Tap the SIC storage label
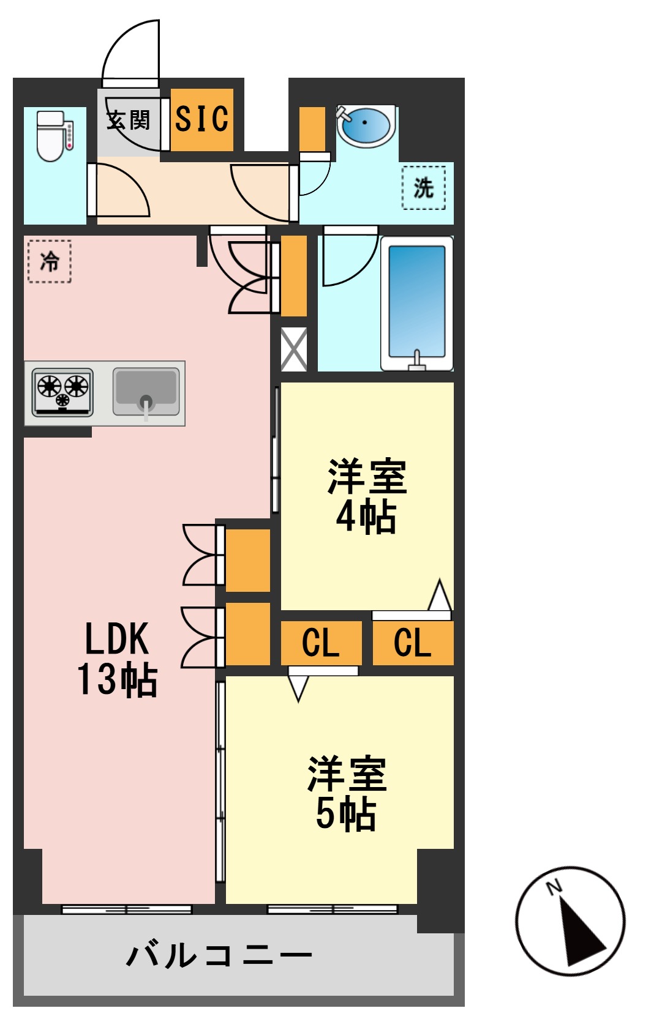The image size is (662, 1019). [x=201, y=119]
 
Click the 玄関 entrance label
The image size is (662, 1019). [x=129, y=120]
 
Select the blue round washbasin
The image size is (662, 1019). [x=365, y=125]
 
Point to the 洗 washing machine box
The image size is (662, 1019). [x=423, y=187]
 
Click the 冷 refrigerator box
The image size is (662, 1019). [x=50, y=261]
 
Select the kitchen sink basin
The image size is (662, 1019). [x=146, y=390]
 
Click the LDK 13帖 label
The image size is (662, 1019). [x=117, y=659]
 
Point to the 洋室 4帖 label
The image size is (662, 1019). [x=366, y=496]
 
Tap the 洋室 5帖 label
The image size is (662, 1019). [x=347, y=794]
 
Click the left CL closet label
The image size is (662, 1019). [x=320, y=643]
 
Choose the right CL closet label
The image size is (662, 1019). [x=412, y=643]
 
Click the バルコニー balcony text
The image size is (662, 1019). [x=219, y=955]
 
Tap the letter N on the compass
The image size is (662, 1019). [x=554, y=886]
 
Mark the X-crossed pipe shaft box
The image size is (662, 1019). [x=293, y=349]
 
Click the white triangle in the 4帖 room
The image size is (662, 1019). [x=439, y=595]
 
